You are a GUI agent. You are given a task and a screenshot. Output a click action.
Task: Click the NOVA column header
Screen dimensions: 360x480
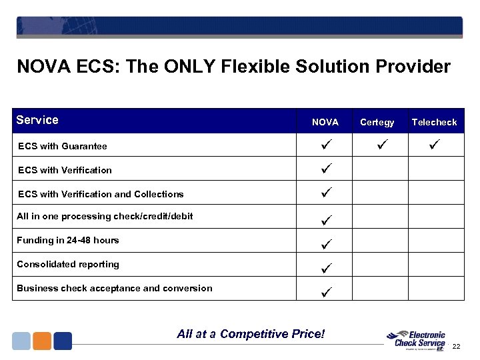[325, 122]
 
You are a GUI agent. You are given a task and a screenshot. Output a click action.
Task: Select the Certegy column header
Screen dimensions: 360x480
[377, 122]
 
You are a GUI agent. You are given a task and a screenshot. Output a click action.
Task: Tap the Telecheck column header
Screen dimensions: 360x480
[434, 122]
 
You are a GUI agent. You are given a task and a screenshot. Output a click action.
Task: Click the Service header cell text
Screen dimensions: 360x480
[37, 120]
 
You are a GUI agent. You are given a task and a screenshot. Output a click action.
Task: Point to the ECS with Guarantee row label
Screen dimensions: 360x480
[63, 146]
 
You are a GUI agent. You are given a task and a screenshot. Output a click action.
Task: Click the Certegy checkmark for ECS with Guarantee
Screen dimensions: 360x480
[377, 145]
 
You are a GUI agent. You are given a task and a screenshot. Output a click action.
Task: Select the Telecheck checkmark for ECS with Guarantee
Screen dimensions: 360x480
[435, 145]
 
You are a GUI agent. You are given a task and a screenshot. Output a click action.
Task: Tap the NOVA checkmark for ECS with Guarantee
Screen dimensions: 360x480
[326, 145]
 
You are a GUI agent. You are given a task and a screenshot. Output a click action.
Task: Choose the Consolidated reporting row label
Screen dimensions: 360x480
[68, 264]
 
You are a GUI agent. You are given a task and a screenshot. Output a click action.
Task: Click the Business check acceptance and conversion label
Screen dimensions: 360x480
[115, 288]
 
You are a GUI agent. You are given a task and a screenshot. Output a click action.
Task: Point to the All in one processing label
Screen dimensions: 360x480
[105, 216]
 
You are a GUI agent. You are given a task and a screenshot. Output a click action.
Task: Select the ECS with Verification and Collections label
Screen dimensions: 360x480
[101, 194]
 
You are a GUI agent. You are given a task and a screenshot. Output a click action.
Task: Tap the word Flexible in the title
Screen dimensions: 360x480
[227, 67]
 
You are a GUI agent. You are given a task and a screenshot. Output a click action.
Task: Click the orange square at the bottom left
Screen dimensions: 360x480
[42, 341]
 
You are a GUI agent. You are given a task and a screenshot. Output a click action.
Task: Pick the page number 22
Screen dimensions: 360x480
[457, 346]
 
